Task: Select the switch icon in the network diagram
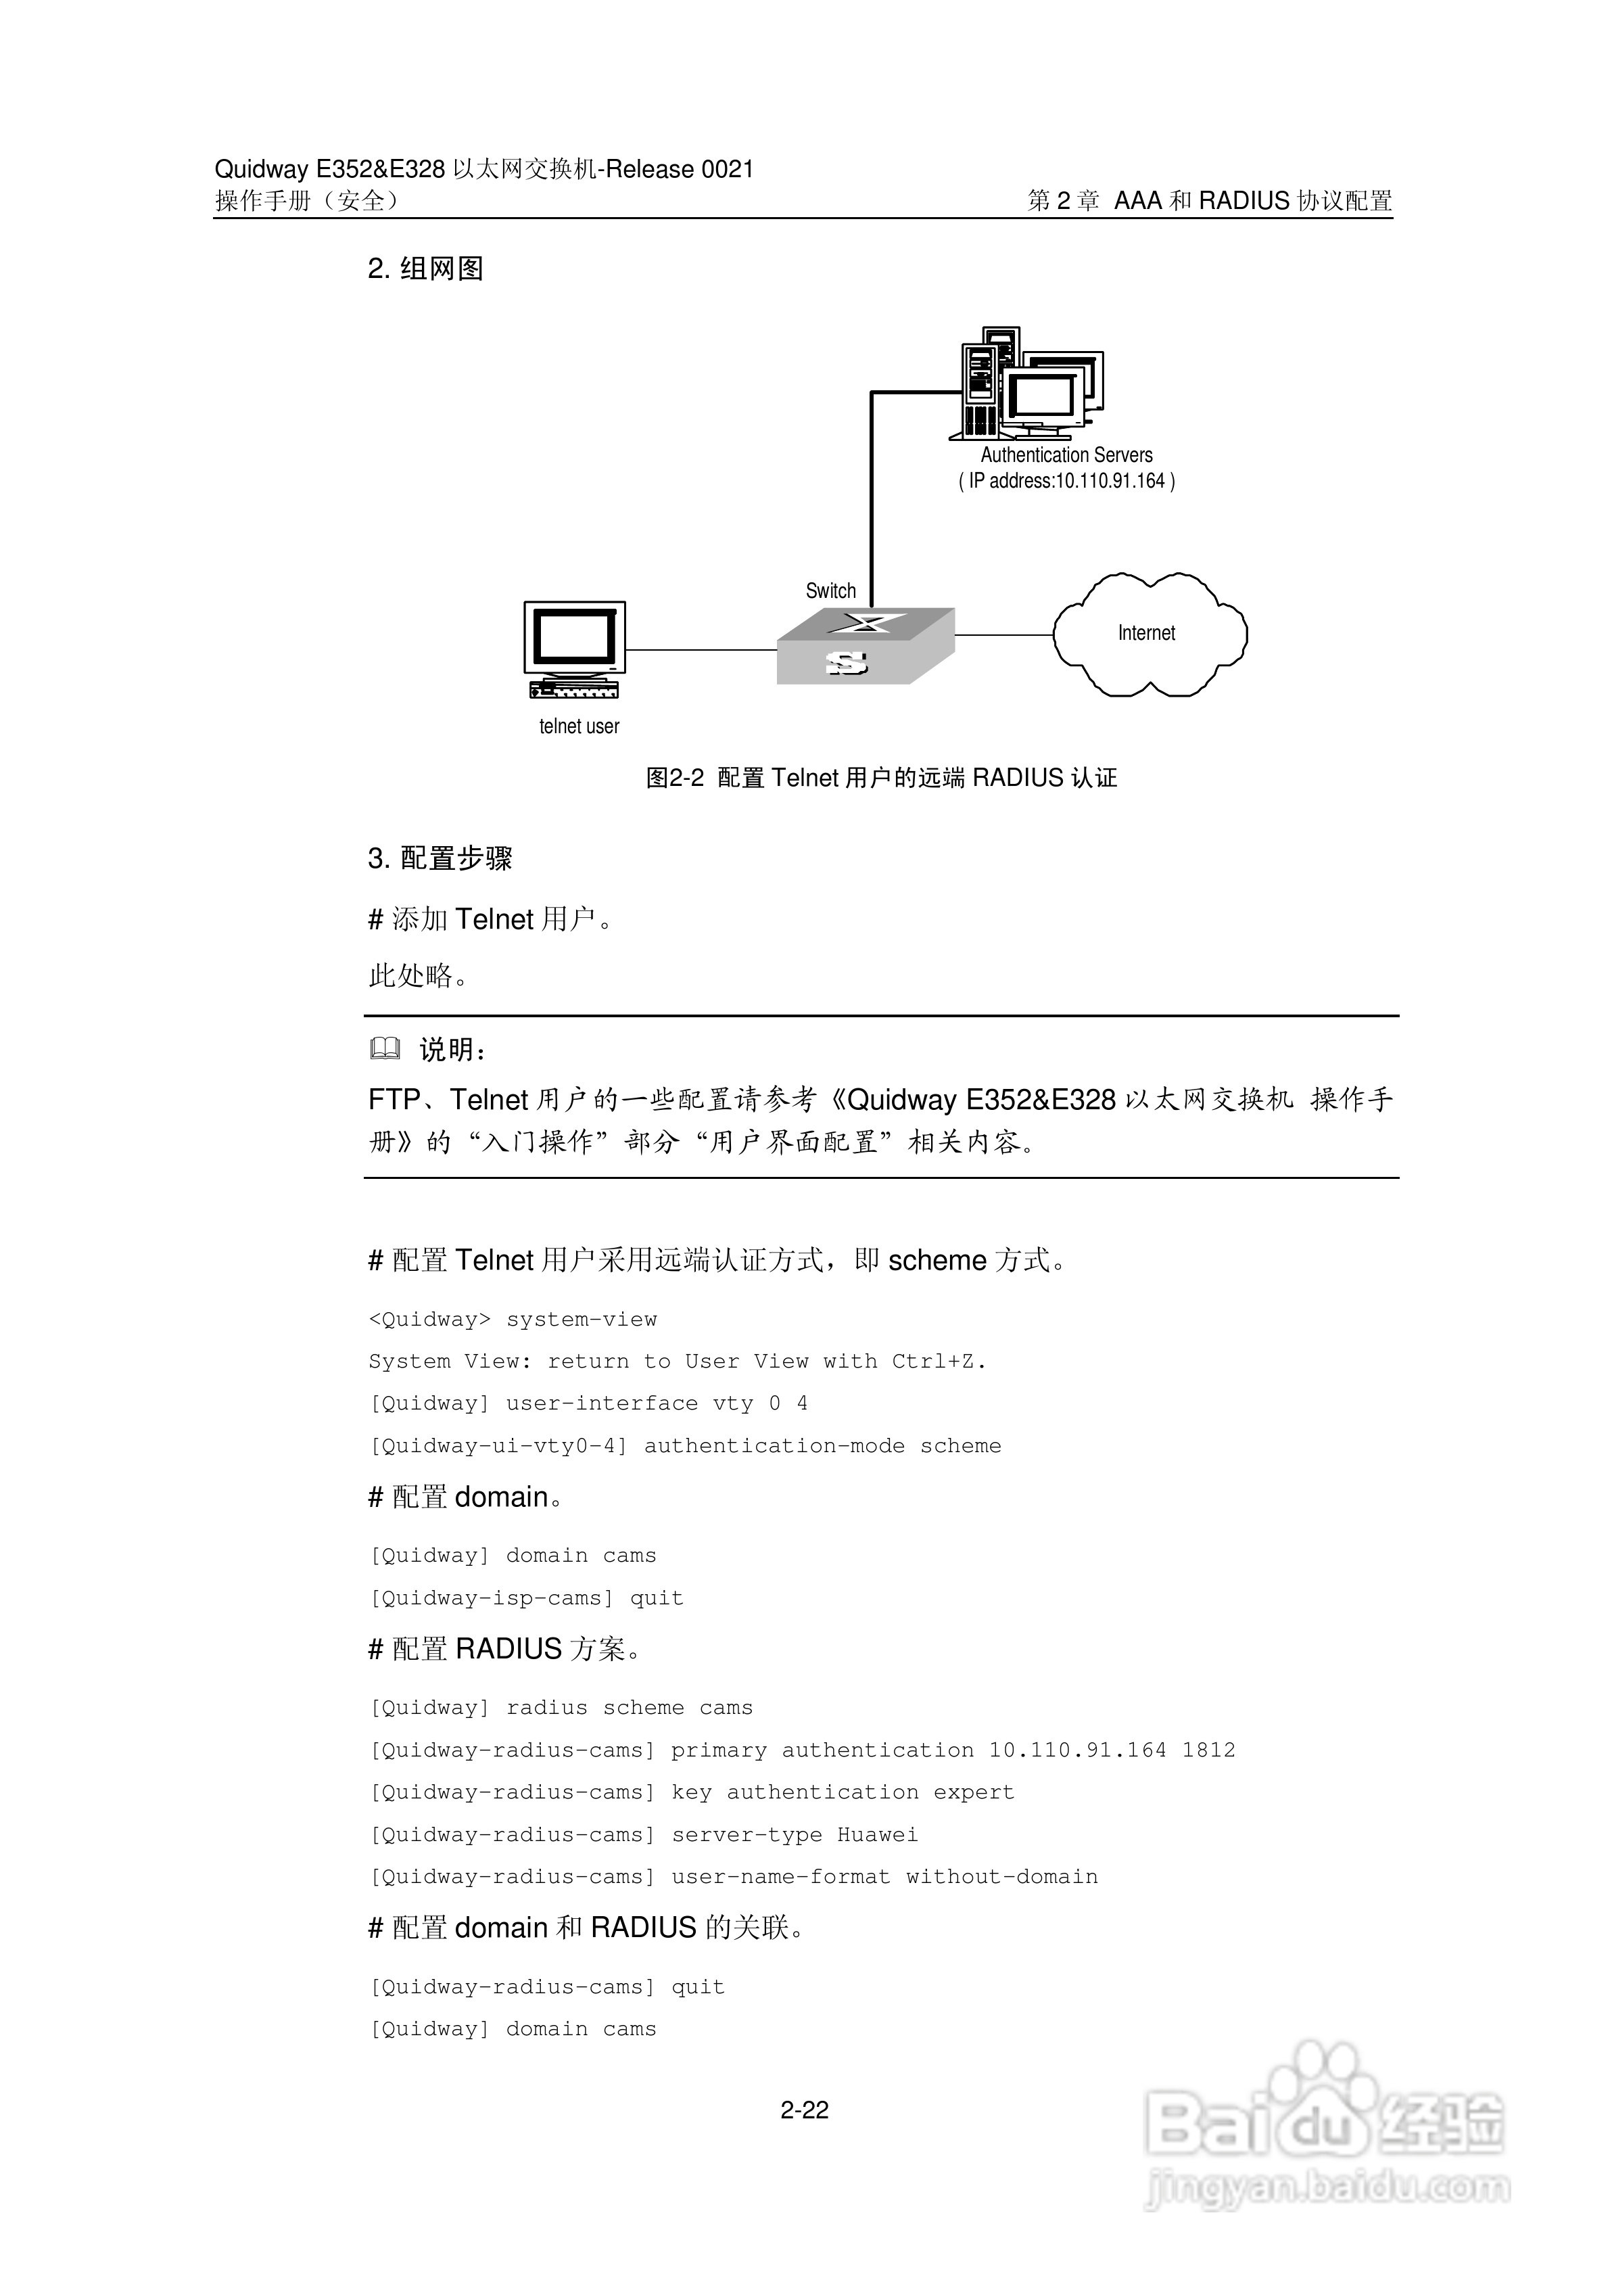tap(864, 646)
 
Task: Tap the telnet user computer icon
tap(574, 649)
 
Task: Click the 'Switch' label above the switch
tap(830, 591)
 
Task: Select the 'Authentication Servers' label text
tap(1066, 455)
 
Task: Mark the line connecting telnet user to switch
tap(701, 650)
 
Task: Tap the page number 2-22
tap(805, 2110)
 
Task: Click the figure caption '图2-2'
tap(675, 778)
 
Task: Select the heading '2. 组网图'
tap(425, 269)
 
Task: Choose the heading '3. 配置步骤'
tap(440, 858)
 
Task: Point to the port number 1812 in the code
tap(1208, 1751)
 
